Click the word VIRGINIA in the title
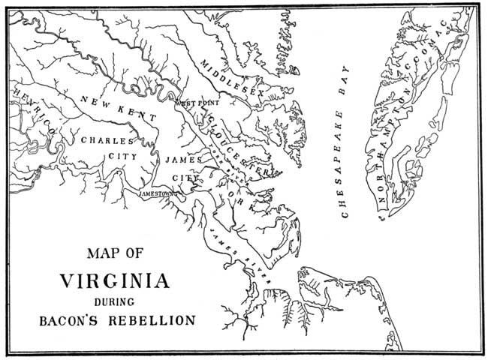point(115,282)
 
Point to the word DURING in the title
point(115,302)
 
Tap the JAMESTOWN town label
point(157,193)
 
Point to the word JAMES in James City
point(181,160)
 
